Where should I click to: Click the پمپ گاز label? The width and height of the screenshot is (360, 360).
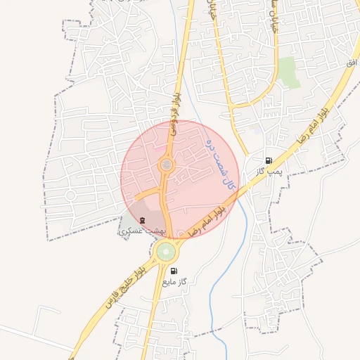[x=269, y=171]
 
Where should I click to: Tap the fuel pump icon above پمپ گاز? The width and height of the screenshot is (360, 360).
[x=269, y=161]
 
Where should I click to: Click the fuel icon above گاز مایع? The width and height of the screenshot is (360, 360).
[x=174, y=271]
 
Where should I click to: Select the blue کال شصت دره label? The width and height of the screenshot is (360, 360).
[x=219, y=161]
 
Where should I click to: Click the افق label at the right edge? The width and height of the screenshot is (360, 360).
[x=352, y=63]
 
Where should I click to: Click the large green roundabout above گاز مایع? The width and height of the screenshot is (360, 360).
[x=167, y=251]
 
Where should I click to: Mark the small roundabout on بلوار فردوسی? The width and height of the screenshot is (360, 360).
[x=167, y=165]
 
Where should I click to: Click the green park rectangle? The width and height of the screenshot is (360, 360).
[x=288, y=72]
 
